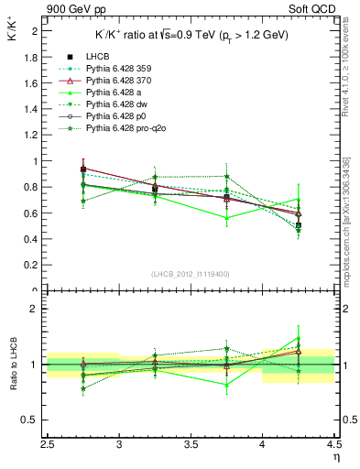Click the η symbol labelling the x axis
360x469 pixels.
click(336, 457)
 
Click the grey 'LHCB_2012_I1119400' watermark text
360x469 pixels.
click(191, 274)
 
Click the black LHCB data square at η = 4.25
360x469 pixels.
click(298, 225)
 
